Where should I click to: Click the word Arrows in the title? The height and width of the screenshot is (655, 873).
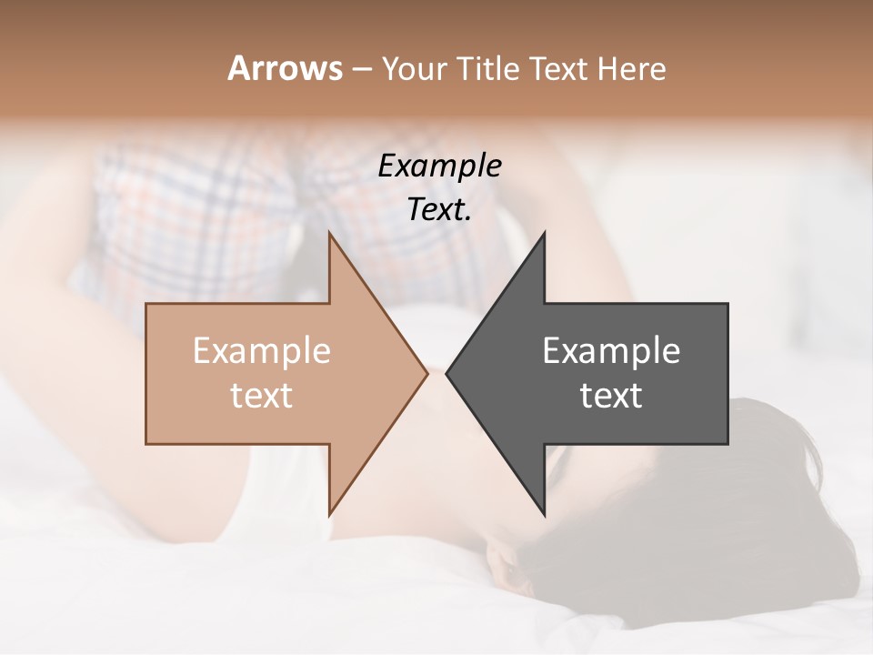[285, 68]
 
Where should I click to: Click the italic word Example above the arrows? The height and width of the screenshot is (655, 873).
[439, 166]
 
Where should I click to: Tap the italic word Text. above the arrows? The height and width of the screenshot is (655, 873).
[439, 210]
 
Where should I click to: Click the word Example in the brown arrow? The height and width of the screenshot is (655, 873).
[261, 351]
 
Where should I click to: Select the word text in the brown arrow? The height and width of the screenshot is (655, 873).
[261, 396]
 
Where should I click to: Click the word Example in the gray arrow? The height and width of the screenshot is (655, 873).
[611, 351]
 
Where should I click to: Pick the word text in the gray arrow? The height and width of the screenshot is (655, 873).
[611, 396]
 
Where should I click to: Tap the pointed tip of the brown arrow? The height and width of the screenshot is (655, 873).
[426, 373]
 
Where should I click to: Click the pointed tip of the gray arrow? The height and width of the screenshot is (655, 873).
[447, 373]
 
